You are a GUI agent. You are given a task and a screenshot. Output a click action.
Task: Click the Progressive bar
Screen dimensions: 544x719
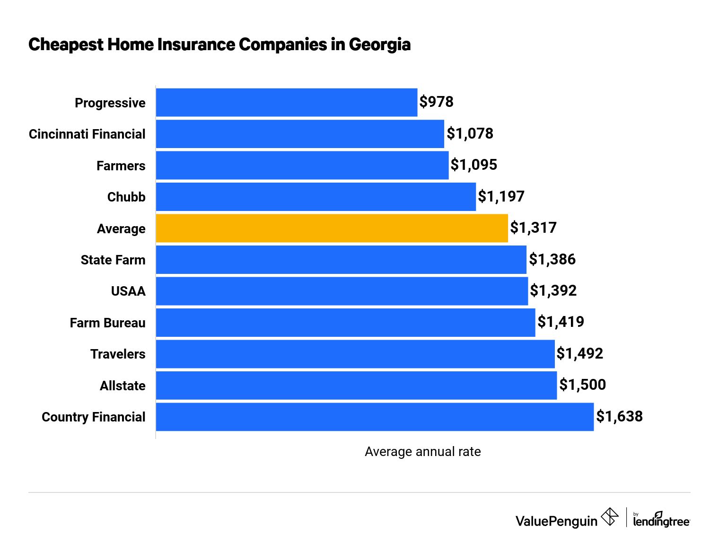pyautogui.click(x=287, y=102)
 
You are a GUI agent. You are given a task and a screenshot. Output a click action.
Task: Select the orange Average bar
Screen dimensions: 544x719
pyautogui.click(x=332, y=228)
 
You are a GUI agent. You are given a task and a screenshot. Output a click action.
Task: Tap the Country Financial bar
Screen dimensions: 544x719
pyautogui.click(x=375, y=417)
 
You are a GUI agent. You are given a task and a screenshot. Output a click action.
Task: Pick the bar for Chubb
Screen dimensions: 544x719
pyautogui.click(x=316, y=197)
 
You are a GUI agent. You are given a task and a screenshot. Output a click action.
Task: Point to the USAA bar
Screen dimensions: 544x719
pyautogui.click(x=342, y=291)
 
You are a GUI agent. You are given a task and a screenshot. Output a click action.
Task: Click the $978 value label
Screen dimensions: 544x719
pyautogui.click(x=436, y=102)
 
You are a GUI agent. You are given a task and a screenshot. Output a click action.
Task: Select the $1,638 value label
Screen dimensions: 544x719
pyautogui.click(x=619, y=416)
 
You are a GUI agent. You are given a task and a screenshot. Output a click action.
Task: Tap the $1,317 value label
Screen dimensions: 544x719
pyautogui.click(x=533, y=228)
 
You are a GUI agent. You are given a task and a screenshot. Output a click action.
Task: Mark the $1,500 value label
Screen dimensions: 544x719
pyautogui.click(x=582, y=385)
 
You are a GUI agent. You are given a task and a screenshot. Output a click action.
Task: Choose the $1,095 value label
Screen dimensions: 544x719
pyautogui.click(x=473, y=165)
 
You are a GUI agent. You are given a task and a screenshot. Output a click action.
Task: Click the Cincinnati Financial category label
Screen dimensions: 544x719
pyautogui.click(x=87, y=134)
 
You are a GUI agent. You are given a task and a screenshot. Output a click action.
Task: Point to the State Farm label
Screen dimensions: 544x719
pyautogui.click(x=113, y=260)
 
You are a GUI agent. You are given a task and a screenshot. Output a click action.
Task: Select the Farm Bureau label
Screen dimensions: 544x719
pyautogui.click(x=107, y=323)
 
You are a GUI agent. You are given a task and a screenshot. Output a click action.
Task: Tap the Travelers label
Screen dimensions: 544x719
pyautogui.click(x=118, y=354)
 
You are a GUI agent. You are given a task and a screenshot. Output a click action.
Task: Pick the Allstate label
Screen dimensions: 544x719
pyautogui.click(x=123, y=386)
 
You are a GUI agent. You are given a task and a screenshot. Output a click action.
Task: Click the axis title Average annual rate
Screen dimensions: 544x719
pyautogui.click(x=422, y=452)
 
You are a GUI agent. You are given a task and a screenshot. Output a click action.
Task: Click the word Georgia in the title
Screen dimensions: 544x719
pyautogui.click(x=379, y=44)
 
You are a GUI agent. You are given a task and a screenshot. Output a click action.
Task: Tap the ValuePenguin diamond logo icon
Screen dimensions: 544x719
pyautogui.click(x=609, y=516)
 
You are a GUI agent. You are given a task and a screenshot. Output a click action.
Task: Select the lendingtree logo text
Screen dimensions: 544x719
pyautogui.click(x=661, y=521)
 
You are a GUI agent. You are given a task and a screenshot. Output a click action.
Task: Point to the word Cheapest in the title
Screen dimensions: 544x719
pyautogui.click(x=65, y=44)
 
